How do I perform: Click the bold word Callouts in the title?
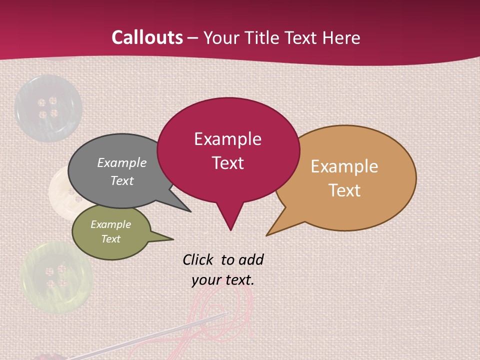[147, 37]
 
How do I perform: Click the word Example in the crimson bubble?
[227, 139]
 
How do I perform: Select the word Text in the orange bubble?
[344, 190]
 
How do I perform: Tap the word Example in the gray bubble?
[121, 162]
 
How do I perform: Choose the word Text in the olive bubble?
[110, 239]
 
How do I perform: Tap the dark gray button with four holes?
[48, 108]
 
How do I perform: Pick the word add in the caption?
[251, 259]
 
